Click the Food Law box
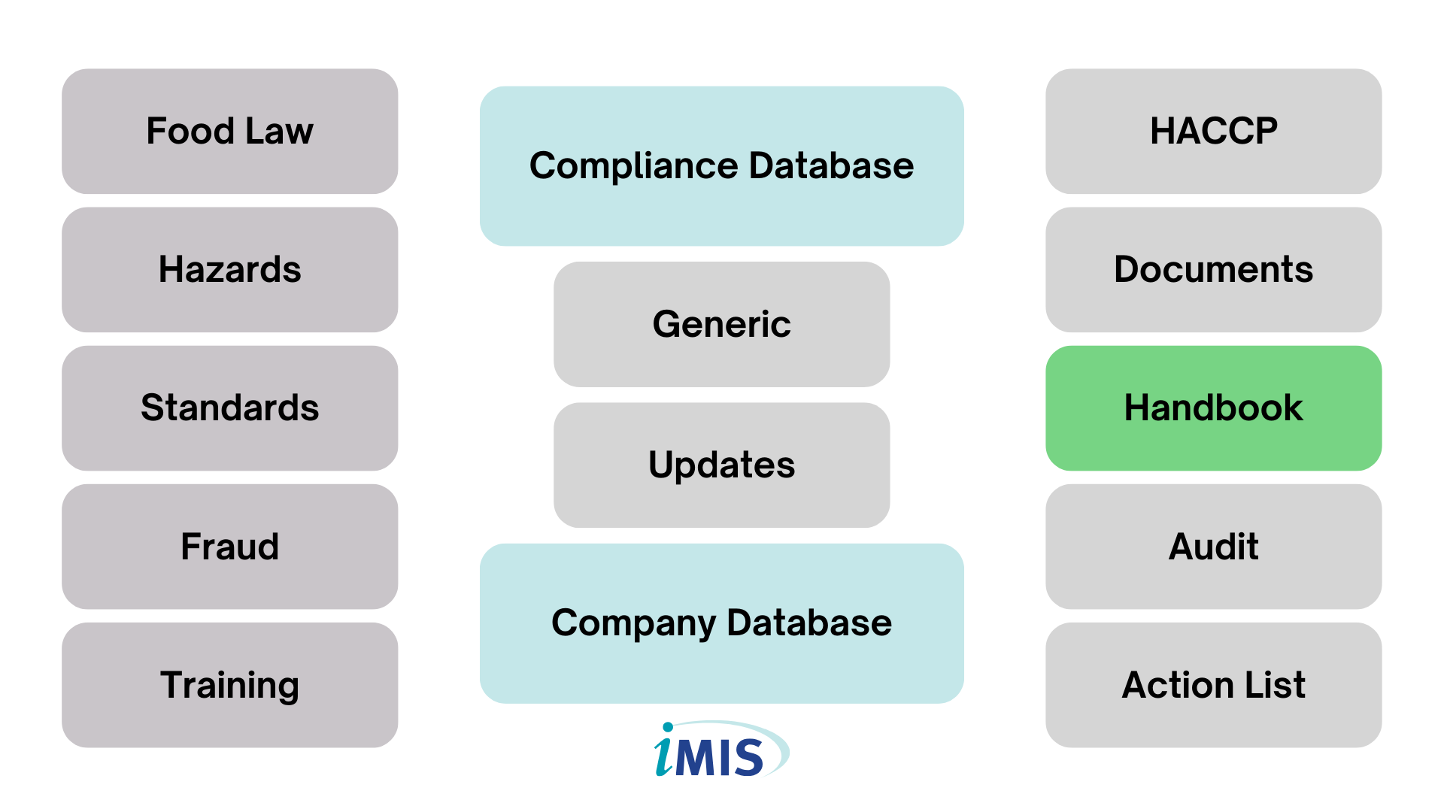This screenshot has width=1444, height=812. [229, 132]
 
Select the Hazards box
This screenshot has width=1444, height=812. [229, 270]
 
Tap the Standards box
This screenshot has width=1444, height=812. [229, 408]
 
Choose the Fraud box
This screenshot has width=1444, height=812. [229, 547]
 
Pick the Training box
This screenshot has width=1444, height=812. [229, 685]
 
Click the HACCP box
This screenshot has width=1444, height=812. [1213, 132]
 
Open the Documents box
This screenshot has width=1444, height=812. [1213, 270]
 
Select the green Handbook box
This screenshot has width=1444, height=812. [1213, 408]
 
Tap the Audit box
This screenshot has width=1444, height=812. [1213, 547]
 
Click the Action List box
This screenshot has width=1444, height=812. [1213, 685]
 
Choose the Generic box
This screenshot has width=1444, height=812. [721, 324]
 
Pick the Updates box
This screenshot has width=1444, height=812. [721, 465]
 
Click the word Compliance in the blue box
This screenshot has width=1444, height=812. [634, 167]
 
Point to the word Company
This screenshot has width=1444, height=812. [633, 624]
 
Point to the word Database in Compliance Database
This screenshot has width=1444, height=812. [831, 165]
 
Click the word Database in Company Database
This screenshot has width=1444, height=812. [809, 623]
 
